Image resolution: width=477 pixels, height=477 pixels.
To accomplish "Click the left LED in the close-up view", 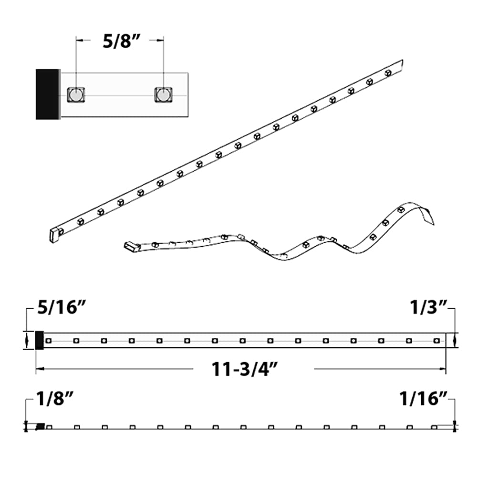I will tap(75, 95).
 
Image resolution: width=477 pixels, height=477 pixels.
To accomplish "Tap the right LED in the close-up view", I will tap(163, 95).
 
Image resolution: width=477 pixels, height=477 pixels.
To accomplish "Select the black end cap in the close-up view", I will tap(48, 94).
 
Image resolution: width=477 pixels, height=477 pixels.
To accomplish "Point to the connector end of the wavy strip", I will tap(131, 246).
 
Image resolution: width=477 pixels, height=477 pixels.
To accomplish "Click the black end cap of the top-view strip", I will tap(40, 340).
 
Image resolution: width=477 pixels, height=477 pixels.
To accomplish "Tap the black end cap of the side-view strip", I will tap(41, 426).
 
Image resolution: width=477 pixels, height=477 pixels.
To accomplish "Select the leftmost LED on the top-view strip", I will tap(48, 341).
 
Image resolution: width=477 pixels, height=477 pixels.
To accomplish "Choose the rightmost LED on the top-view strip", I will tap(436, 341).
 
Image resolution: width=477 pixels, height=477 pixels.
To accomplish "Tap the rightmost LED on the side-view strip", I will tap(434, 426).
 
